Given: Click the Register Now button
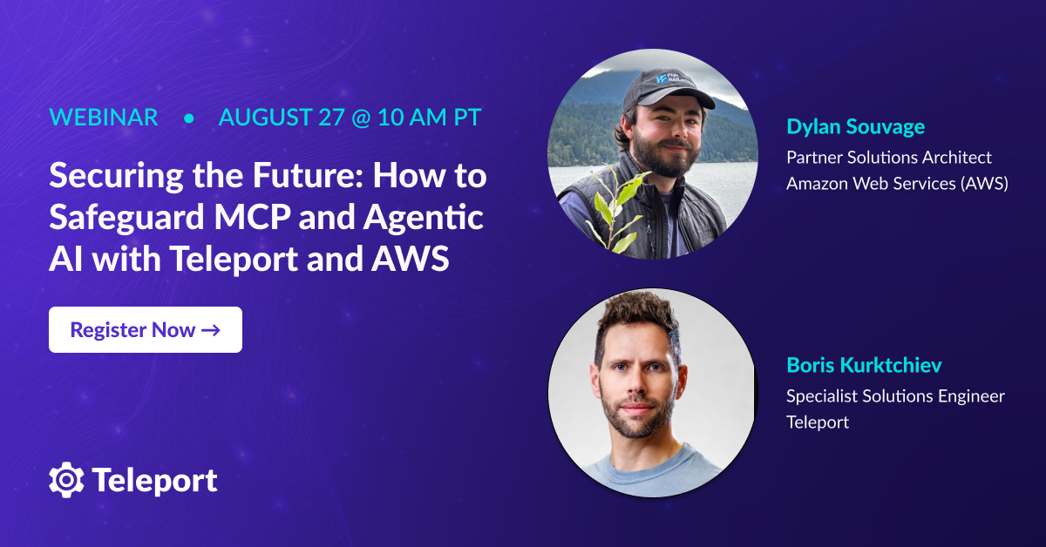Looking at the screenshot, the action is (146, 329).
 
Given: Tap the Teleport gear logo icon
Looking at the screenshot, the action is (66, 480).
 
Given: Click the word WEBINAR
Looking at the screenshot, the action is (104, 117).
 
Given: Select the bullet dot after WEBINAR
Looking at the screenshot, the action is (188, 118).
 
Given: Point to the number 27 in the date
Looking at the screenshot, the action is (331, 117).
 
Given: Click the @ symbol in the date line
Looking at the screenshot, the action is (361, 118).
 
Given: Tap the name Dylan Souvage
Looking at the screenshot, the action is (855, 126).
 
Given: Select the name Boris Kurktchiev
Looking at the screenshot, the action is (864, 365).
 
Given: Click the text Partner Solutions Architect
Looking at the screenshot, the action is (888, 158).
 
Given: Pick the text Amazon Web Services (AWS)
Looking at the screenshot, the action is (897, 184).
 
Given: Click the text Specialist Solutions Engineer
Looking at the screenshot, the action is (895, 396).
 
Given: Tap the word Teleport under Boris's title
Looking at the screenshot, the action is (818, 422).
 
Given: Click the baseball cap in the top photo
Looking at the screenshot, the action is (669, 90).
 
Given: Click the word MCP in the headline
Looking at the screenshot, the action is (252, 217).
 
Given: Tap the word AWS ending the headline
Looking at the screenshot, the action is (410, 259).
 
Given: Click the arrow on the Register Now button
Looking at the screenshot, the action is (211, 330).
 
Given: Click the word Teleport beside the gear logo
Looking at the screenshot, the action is (154, 481).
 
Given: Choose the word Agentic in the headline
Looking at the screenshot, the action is (423, 218).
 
